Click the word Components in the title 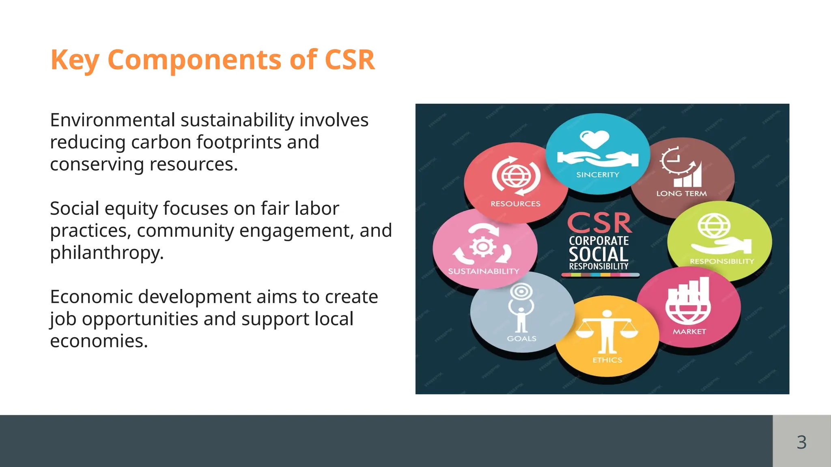coord(194,60)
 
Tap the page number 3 coord(801,442)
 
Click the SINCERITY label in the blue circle coord(598,175)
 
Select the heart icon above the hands coord(594,139)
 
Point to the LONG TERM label coord(681,194)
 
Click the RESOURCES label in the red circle coord(515,204)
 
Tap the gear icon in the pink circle coord(483,246)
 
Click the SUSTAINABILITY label coord(483,271)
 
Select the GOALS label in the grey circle coord(521,338)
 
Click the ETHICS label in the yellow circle coord(607,360)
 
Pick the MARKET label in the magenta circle coord(689,332)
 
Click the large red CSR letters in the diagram coord(599,223)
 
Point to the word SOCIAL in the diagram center coord(598,254)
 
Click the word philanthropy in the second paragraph coord(106,253)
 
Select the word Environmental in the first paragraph coord(112,120)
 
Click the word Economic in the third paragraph coord(91,297)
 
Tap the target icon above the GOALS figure coord(521,291)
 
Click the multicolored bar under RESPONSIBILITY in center coord(600,275)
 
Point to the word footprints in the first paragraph coord(239,142)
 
